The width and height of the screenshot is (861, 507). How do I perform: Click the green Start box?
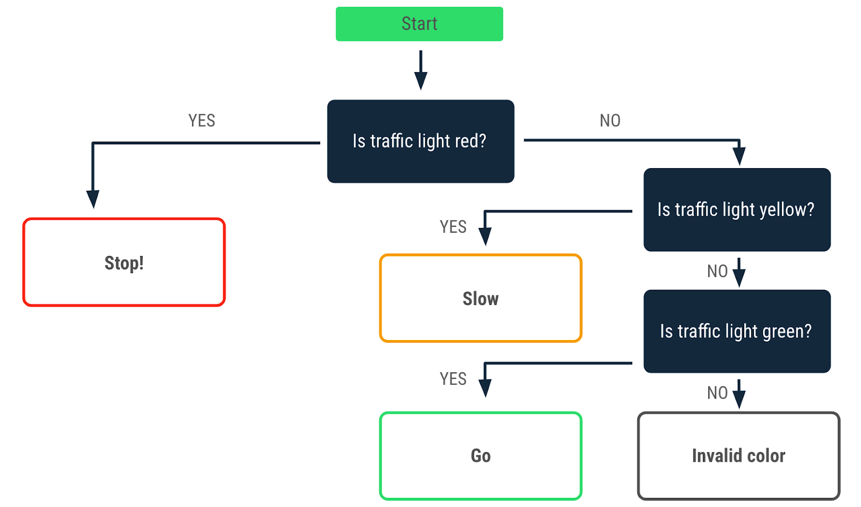click(419, 24)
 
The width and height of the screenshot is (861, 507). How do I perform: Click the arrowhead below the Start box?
click(421, 80)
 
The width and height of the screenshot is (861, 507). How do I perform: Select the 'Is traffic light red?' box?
click(420, 141)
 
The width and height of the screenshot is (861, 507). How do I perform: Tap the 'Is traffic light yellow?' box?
click(737, 210)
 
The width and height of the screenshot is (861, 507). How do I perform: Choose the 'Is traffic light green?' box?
click(737, 331)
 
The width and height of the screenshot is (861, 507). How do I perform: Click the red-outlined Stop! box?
click(124, 262)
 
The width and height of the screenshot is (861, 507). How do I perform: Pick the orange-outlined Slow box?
click(481, 298)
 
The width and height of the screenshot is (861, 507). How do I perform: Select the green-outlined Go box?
click(481, 456)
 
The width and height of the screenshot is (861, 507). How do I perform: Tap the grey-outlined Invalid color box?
click(738, 456)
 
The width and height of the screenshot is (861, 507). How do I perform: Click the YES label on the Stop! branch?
click(202, 121)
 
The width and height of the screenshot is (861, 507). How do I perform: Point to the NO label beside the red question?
click(610, 121)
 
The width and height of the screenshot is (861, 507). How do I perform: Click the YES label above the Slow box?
click(453, 227)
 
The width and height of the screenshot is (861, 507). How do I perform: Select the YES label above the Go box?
click(453, 379)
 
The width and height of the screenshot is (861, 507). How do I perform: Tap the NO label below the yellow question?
click(717, 271)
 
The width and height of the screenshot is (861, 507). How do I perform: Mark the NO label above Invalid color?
click(717, 393)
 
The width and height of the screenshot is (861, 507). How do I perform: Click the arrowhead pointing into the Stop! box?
click(93, 199)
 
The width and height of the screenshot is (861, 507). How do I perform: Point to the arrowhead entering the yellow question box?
click(739, 156)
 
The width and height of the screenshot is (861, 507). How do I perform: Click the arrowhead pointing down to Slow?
click(485, 236)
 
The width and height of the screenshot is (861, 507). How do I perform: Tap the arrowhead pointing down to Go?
click(485, 388)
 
